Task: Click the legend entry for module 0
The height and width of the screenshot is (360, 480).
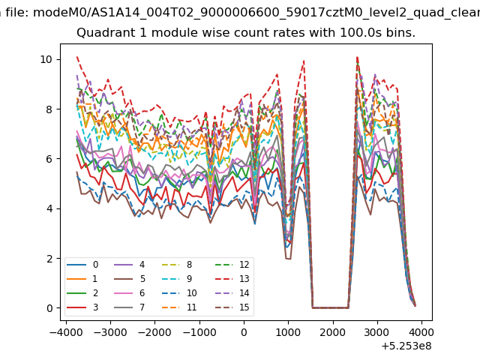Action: (x=82, y=265)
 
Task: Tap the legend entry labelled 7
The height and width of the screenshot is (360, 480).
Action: (x=129, y=307)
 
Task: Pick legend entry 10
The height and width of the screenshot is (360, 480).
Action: (x=179, y=293)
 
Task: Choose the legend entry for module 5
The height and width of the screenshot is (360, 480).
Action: (x=130, y=279)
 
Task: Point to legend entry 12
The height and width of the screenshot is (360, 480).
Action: (x=232, y=265)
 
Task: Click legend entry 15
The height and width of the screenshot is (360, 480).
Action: (x=232, y=307)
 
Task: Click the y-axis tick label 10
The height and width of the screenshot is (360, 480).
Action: (x=46, y=59)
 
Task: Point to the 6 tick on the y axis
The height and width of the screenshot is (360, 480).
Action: (x=49, y=159)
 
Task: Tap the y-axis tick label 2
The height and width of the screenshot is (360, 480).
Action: (x=49, y=258)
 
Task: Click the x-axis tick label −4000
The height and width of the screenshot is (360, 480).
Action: (x=66, y=332)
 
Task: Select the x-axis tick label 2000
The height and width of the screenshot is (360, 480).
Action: (x=333, y=332)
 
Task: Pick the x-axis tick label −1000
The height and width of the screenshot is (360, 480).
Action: (x=199, y=332)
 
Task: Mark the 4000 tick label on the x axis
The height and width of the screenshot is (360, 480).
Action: (x=421, y=332)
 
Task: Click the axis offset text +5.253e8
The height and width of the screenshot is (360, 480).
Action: (x=406, y=346)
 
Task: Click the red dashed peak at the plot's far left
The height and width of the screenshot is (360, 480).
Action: (x=77, y=57)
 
